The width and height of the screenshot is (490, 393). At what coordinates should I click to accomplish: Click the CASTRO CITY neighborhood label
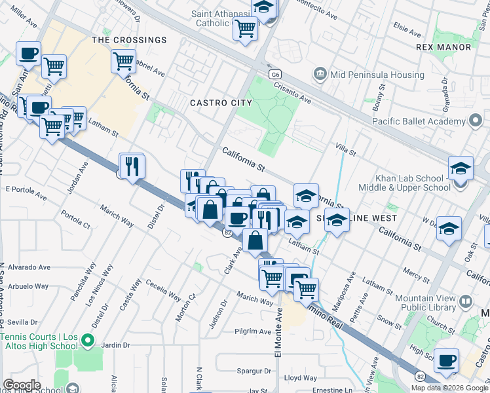pyautogui.click(x=221, y=103)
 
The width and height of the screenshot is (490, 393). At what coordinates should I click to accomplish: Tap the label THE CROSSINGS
pyautogui.click(x=129, y=40)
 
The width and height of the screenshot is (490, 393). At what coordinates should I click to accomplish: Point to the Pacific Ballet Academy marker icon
pyautogui.click(x=476, y=121)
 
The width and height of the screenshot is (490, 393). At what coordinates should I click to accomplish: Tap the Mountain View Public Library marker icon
pyautogui.click(x=466, y=301)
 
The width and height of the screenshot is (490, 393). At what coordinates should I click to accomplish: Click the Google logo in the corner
pyautogui.click(x=22, y=385)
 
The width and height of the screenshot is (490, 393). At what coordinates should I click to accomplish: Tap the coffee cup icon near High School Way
pyautogui.click(x=447, y=360)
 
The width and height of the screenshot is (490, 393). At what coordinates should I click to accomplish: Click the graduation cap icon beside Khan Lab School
pyautogui.click(x=461, y=168)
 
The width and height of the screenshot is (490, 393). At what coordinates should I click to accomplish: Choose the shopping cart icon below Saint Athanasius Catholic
pyautogui.click(x=245, y=28)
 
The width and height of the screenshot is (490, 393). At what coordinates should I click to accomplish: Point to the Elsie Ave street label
pyautogui.click(x=407, y=27)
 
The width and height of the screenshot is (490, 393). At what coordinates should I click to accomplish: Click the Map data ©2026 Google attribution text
pyautogui.click(x=449, y=388)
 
